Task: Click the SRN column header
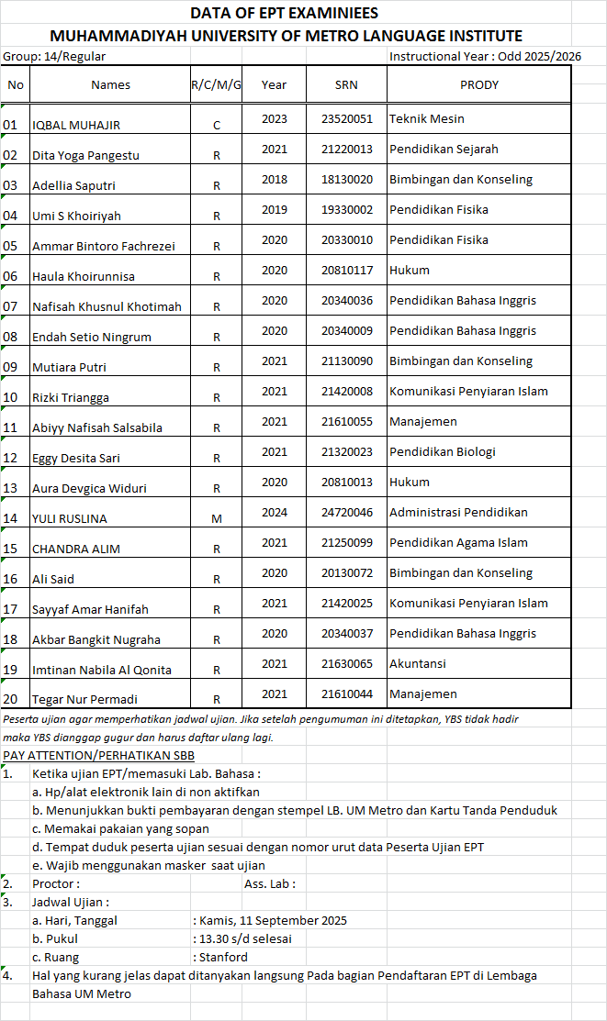click(x=347, y=85)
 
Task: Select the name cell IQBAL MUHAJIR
click(x=76, y=125)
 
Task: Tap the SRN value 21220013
click(x=347, y=149)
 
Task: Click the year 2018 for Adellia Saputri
click(x=274, y=179)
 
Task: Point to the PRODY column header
click(x=478, y=85)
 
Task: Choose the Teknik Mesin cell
click(x=427, y=118)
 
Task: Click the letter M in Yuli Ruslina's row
click(x=217, y=518)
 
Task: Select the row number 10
click(x=11, y=397)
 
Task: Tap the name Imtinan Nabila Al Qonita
click(x=102, y=670)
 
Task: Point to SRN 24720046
click(x=347, y=512)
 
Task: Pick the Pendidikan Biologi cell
click(x=443, y=451)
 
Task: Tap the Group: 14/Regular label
click(x=54, y=57)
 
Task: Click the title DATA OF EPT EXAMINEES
click(x=284, y=13)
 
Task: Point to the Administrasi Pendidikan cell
click(x=458, y=512)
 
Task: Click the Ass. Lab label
click(x=270, y=883)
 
